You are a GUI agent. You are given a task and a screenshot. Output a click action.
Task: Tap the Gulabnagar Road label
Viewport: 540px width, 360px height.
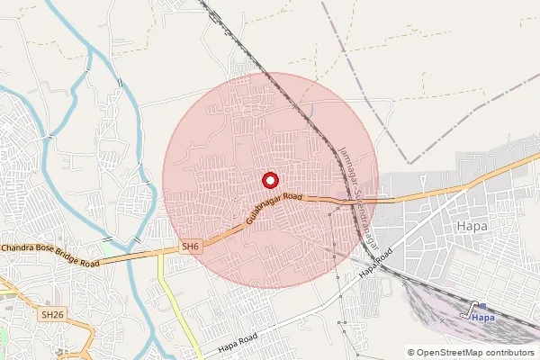point(274,208)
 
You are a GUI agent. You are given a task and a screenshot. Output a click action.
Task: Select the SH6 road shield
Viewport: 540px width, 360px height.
point(190,245)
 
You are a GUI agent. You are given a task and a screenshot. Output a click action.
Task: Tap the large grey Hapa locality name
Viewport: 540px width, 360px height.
point(472,226)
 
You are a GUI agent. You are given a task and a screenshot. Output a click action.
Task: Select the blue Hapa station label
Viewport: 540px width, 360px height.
point(484,317)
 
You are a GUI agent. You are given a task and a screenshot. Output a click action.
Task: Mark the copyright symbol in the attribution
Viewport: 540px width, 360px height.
point(411,352)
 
